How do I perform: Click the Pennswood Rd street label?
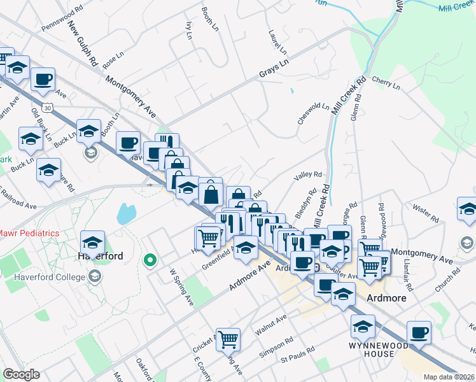pos(62,21)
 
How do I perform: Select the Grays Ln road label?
pos(274,69)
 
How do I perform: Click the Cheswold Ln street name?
pos(313,113)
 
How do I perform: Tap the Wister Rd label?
pos(426,213)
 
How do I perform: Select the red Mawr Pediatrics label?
pos(29,233)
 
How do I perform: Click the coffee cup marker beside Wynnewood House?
pos(419,332)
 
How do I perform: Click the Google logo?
pos(21,374)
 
